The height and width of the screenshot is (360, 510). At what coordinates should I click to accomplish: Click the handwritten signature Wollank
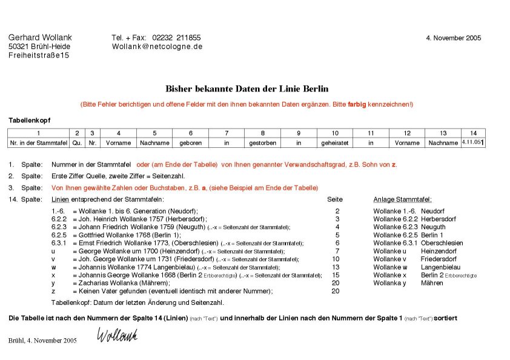tap(118, 335)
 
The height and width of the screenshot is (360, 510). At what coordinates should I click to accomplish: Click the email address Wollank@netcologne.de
tap(157, 46)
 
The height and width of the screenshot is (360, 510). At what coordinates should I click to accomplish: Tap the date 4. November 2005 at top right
tap(454, 38)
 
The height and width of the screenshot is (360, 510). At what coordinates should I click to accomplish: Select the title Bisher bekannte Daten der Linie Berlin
tap(247, 88)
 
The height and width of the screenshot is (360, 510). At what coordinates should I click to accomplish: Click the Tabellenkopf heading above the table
tap(30, 120)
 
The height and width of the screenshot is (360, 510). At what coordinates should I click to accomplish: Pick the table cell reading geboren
tap(190, 143)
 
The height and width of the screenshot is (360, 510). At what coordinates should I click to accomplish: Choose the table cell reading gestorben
tap(262, 143)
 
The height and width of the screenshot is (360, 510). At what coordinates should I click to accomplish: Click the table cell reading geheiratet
tap(335, 143)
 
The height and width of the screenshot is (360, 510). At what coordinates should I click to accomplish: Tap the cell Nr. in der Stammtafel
tap(38, 143)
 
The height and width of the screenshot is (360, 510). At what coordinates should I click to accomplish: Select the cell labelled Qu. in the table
tap(77, 143)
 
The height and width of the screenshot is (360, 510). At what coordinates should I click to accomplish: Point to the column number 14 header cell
tap(473, 133)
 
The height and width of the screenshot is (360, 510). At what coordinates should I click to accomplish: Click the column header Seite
tap(335, 199)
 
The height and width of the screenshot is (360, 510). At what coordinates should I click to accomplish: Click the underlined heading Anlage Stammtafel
tap(402, 199)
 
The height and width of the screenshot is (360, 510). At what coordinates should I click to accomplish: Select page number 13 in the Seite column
tap(337, 267)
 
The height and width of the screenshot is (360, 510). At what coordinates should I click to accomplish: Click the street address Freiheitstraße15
tap(39, 55)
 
